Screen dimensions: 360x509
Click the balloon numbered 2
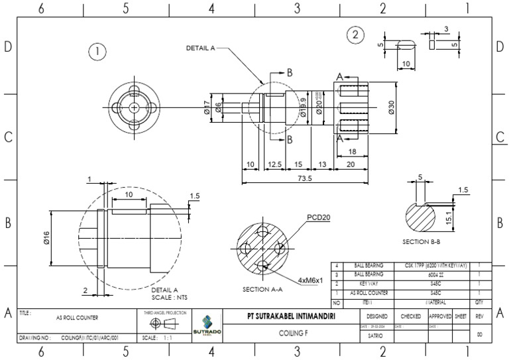click(x=356, y=34)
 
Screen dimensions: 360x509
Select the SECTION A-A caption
click(x=263, y=289)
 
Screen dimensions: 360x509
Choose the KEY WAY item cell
click(x=368, y=283)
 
